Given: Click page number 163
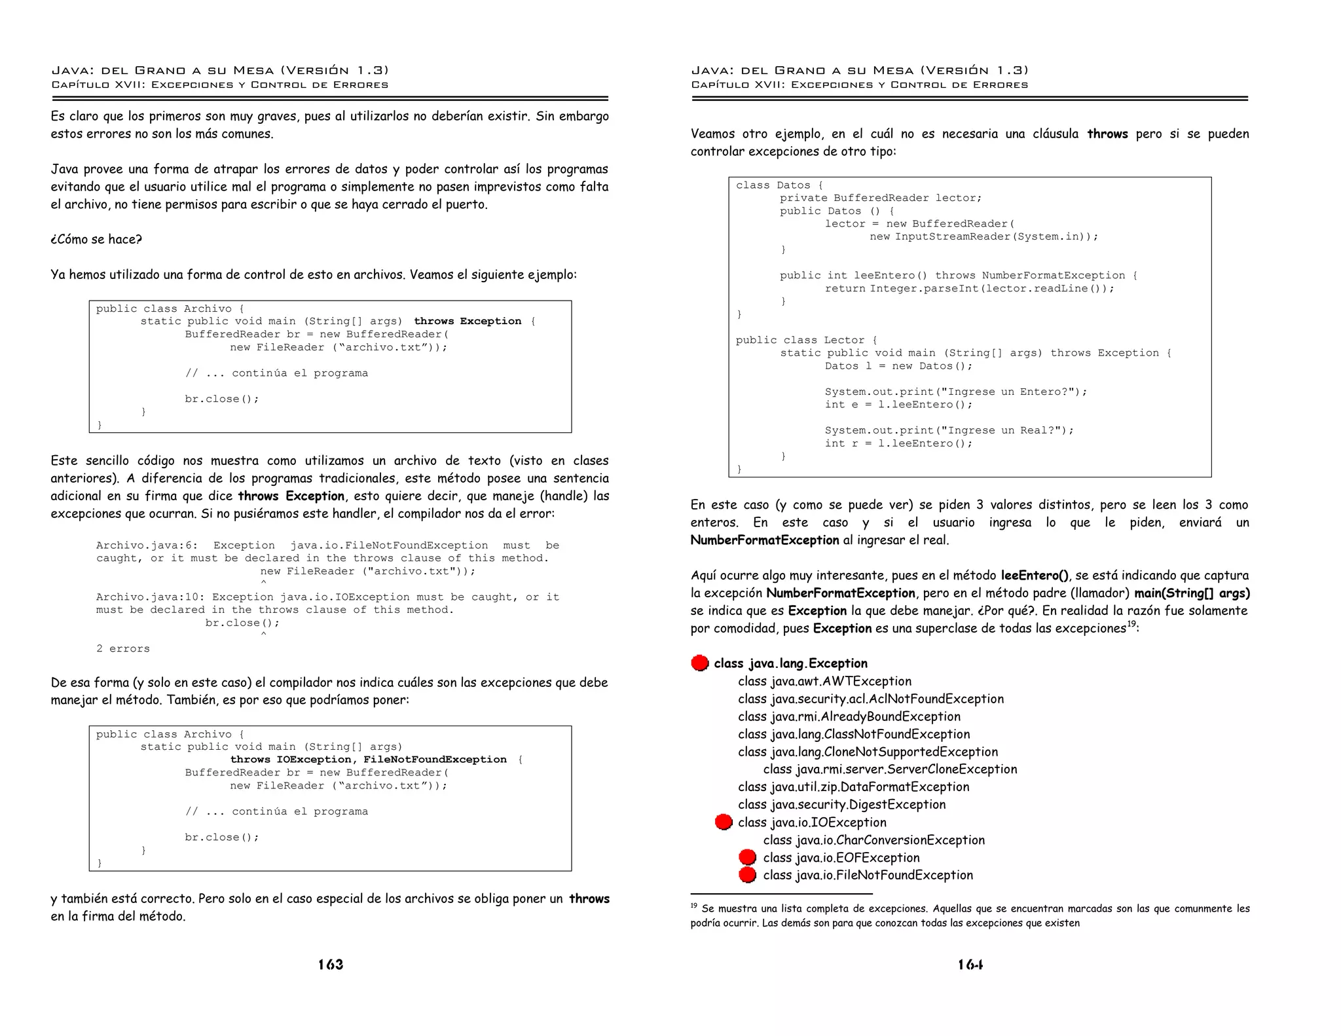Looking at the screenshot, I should click(331, 965).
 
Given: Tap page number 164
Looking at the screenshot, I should click(970, 965).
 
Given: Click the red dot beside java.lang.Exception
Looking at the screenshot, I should click(700, 663).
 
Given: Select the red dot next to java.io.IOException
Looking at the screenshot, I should click(724, 823).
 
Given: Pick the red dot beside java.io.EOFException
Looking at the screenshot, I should click(747, 858).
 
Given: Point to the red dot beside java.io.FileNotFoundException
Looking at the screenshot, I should click(747, 876).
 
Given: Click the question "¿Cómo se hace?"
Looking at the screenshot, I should click(96, 240).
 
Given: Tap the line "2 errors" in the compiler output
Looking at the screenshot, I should click(123, 649).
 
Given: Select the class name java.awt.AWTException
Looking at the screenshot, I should click(824, 682).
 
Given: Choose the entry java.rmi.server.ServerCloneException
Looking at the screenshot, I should click(890, 769).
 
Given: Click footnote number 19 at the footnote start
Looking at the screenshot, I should click(694, 907).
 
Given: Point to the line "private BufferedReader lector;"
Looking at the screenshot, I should click(881, 198).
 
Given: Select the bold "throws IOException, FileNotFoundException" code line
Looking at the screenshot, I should click(368, 760).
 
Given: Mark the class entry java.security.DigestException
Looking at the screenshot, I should click(841, 805).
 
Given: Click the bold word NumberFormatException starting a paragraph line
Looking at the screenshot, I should click(765, 540).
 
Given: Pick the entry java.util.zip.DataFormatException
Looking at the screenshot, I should click(853, 787).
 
